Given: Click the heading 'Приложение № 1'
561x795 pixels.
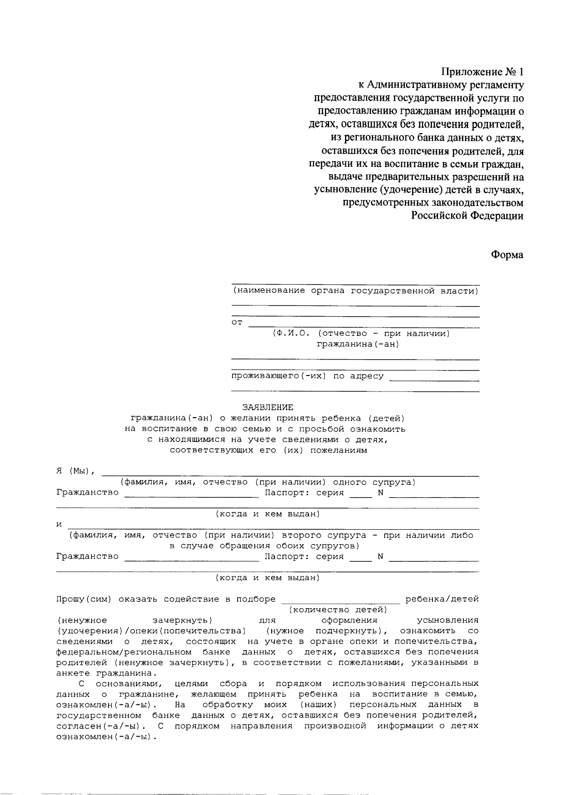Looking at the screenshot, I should tap(482, 72).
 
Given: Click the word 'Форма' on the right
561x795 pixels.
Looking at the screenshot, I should tap(507, 255).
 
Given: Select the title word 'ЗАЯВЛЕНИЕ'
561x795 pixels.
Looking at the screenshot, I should tap(267, 407).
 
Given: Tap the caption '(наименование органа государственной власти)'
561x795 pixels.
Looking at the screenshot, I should tap(355, 291).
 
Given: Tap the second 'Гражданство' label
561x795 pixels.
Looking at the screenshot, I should tap(87, 556).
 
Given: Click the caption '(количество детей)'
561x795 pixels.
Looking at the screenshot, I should tap(338, 610).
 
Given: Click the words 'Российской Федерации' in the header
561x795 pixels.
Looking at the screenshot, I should tap(467, 216).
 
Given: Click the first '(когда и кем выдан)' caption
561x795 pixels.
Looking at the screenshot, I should tap(267, 514).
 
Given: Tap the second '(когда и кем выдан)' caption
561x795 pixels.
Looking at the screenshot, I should tap(267, 578).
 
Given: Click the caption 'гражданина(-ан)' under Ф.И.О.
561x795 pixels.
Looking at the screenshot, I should tap(358, 344).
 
